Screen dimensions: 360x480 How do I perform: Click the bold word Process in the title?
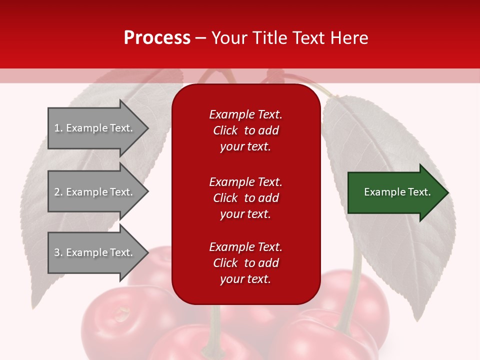coord(157,38)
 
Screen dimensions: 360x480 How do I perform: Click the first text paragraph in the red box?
coord(245,130)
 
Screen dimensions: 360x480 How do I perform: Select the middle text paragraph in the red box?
coord(245,198)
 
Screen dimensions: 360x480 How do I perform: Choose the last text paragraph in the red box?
coord(245,263)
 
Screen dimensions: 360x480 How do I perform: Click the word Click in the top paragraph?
coord(225,130)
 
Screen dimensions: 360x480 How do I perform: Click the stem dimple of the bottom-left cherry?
coord(120,314)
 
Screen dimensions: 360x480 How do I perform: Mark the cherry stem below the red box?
coord(215,325)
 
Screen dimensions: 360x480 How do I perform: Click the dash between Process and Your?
coord(200,38)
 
